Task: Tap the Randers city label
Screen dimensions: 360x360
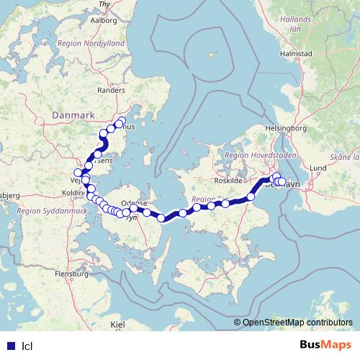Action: tap(110, 91)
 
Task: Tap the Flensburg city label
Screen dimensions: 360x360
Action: tap(71, 274)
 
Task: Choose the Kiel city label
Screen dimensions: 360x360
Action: tap(117, 325)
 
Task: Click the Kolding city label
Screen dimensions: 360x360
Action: tap(73, 194)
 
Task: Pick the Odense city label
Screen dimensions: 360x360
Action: tap(135, 204)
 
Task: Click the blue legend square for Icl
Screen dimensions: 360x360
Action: tap(10, 345)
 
